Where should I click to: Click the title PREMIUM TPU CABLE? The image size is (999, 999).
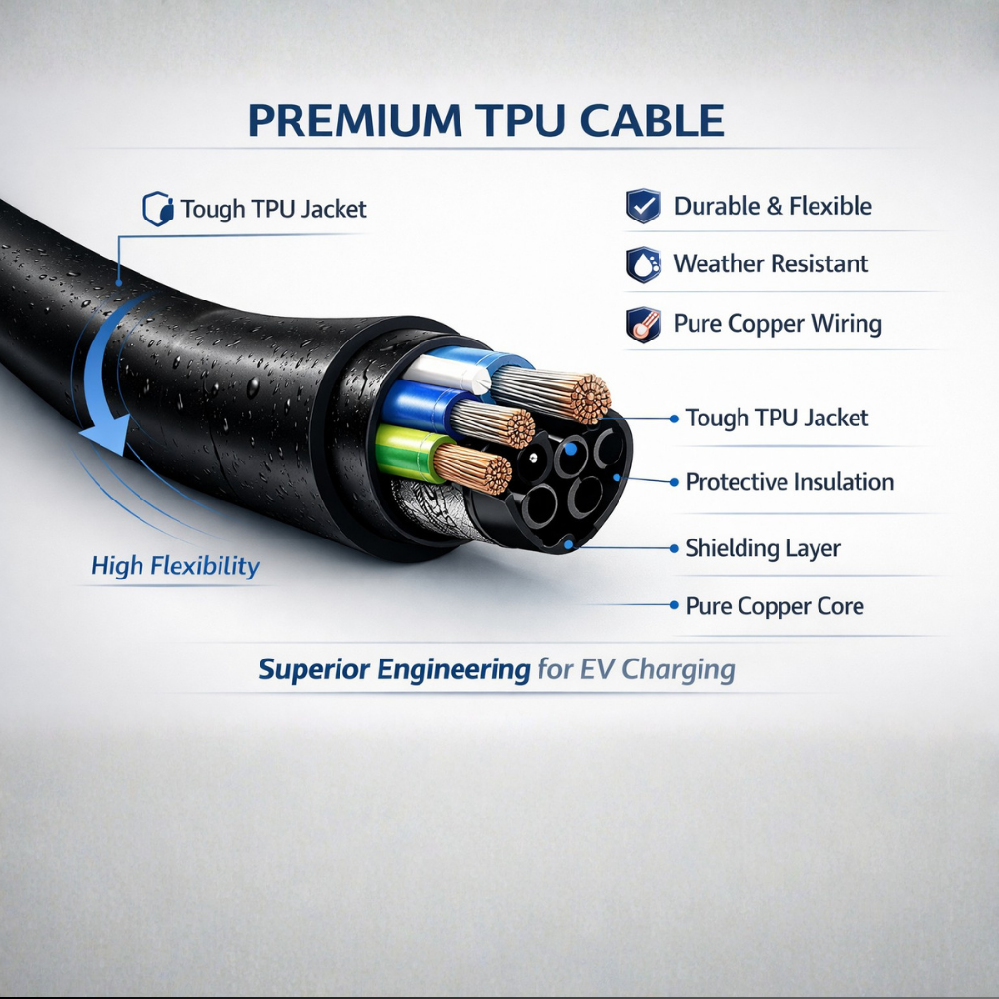[486, 120]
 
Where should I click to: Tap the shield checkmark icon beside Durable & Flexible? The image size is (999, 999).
[644, 206]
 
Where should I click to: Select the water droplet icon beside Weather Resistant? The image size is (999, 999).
[644, 263]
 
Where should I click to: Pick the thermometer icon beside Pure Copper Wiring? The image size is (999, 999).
[644, 324]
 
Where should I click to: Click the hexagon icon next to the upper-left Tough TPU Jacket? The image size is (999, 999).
[158, 209]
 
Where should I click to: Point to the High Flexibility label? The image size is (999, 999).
[175, 566]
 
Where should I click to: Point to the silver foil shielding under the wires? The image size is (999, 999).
[432, 509]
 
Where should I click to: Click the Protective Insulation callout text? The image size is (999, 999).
[789, 482]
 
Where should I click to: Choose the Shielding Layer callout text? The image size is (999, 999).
[763, 548]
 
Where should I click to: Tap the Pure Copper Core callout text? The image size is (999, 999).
[775, 606]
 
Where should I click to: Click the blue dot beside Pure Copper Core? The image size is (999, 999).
[674, 605]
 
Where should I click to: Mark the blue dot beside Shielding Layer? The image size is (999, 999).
[674, 548]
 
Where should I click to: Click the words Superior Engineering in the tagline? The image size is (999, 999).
[394, 669]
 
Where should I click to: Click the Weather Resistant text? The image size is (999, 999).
[771, 263]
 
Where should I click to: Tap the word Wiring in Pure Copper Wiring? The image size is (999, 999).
[846, 324]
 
